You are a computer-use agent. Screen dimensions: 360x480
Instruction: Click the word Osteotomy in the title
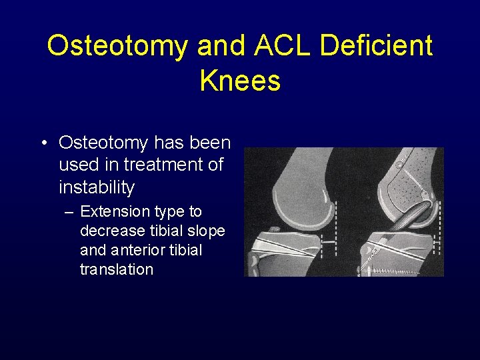pyautogui.click(x=117, y=46)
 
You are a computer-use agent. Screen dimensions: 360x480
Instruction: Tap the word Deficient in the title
pyautogui.click(x=377, y=46)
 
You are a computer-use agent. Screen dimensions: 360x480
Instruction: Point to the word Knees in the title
pyautogui.click(x=240, y=81)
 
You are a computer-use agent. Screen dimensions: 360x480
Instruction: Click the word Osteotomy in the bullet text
pyautogui.click(x=103, y=143)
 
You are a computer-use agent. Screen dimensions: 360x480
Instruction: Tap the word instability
pyautogui.click(x=96, y=187)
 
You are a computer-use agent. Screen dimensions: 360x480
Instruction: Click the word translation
pyautogui.click(x=116, y=270)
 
